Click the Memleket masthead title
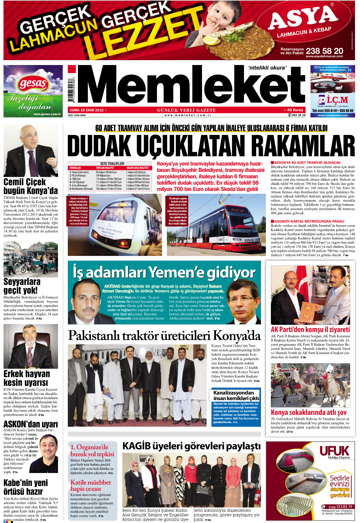(191, 86)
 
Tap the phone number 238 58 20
(324, 51)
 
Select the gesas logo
(33, 84)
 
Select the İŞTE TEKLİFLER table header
(112, 163)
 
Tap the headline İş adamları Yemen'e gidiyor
(164, 273)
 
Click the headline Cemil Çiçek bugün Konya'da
(30, 186)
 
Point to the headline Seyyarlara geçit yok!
(22, 286)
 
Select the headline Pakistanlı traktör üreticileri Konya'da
(164, 336)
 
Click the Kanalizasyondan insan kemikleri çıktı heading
(236, 395)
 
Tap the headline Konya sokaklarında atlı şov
(309, 413)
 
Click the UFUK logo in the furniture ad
(334, 451)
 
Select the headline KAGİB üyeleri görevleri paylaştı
(192, 446)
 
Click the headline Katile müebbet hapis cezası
(91, 485)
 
